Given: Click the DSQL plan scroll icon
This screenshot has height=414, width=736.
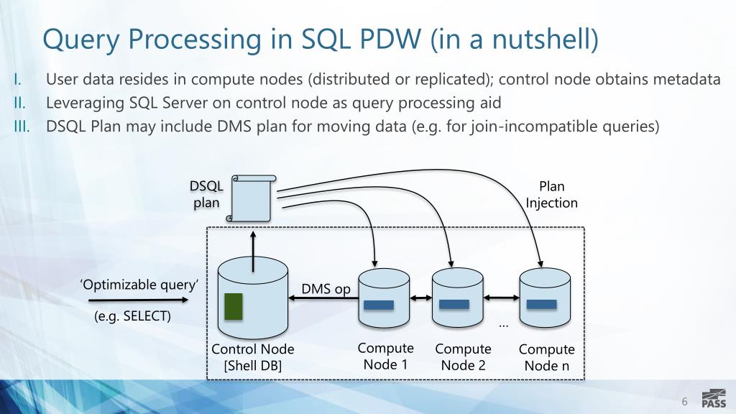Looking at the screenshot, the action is click(251, 198).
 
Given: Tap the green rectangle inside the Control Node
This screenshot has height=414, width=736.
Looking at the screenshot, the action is click(234, 306).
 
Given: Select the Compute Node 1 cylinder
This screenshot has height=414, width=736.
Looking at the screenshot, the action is click(384, 298).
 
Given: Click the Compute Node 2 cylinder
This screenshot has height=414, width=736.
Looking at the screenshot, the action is click(458, 298).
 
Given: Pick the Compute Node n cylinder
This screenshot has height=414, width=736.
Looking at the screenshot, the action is click(545, 298).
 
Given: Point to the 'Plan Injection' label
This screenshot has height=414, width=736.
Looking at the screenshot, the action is click(551, 195).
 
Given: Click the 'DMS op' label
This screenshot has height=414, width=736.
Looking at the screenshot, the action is click(326, 289).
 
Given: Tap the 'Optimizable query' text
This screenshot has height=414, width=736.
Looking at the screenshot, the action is click(139, 285).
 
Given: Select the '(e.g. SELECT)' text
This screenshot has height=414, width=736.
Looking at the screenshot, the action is click(132, 316).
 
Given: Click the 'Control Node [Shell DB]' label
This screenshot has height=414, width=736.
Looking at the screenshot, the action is click(252, 357).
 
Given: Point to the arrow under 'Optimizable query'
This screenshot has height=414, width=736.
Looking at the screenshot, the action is click(138, 300).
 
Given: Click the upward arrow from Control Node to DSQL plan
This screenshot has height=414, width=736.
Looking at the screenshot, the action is click(253, 252).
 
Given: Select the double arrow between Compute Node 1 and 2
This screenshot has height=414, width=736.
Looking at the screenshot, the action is click(420, 298).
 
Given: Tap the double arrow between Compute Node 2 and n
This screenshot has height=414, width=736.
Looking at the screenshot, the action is click(501, 297).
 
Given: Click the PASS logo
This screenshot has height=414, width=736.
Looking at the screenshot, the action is click(714, 398).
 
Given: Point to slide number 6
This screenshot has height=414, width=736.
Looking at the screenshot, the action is click(684, 401).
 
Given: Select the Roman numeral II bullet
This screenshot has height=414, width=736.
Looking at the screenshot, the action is click(19, 103).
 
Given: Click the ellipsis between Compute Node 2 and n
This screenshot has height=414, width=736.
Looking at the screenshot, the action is click(503, 325).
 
